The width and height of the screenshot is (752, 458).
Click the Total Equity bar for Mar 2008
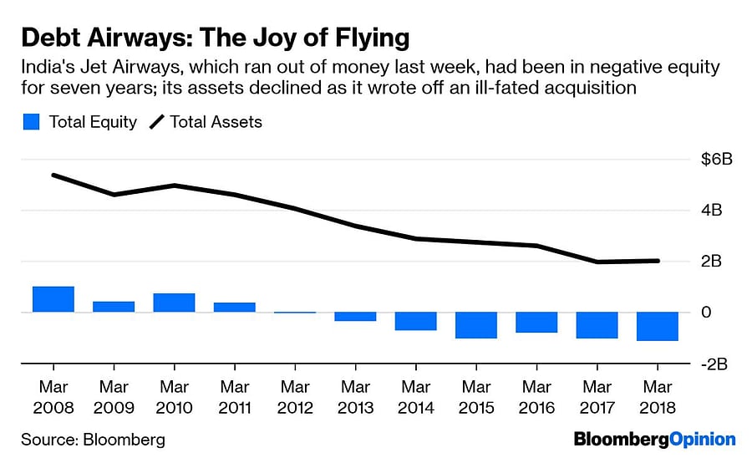[53, 299]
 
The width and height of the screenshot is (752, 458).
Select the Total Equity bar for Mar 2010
[174, 303]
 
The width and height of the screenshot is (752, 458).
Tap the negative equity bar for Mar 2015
[476, 325]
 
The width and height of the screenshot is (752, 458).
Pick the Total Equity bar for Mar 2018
[657, 326]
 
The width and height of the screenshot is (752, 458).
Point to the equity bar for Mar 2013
[355, 316]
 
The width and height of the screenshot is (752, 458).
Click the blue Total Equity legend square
[31, 122]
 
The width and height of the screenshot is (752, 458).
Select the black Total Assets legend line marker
[157, 122]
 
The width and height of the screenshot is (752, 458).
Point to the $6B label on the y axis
[717, 160]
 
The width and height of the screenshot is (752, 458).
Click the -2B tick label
[716, 364]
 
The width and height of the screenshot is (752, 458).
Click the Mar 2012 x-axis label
[295, 398]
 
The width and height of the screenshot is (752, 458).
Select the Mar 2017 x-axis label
[597, 398]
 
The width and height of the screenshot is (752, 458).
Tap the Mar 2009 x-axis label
[114, 398]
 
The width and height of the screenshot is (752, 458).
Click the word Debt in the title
[50, 38]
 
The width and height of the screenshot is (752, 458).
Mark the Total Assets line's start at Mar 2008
[53, 176]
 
